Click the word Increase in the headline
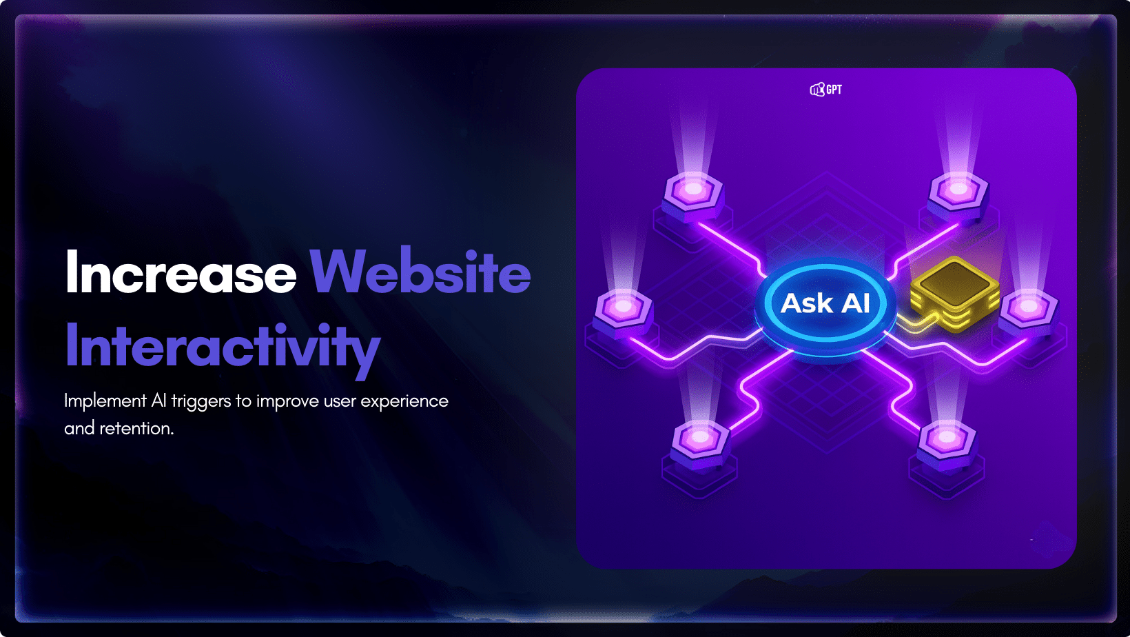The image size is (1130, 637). click(x=181, y=273)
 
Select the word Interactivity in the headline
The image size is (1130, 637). click(x=222, y=347)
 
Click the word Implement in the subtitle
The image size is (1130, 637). click(x=105, y=401)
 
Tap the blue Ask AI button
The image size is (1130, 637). click(x=825, y=304)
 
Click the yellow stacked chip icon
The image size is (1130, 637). click(x=955, y=292)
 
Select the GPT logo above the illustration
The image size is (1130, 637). click(x=825, y=90)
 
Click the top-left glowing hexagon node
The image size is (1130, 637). click(x=693, y=190)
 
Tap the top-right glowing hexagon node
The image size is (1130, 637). click(x=958, y=188)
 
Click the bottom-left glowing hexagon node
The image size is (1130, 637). click(x=700, y=438)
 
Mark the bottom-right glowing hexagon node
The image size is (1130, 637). click(x=947, y=438)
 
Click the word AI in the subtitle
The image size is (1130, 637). click(x=158, y=401)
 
